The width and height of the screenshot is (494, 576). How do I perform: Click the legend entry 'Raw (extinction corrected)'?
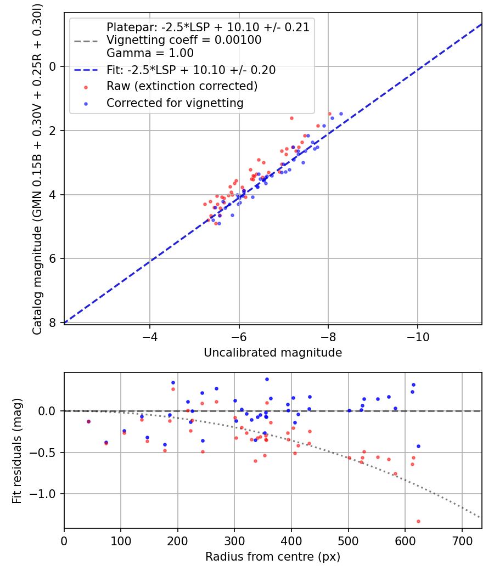pos(182,86)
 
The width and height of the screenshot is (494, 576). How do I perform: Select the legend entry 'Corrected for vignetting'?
pos(175,103)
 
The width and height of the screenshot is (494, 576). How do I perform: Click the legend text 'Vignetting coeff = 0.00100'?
pos(184,40)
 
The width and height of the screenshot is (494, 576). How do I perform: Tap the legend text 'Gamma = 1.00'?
pos(150,53)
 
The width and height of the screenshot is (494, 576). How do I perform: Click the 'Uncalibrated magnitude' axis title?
pos(273,353)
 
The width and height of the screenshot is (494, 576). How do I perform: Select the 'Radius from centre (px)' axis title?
pos(273,557)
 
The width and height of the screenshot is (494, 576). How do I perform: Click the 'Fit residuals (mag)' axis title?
pos(17,451)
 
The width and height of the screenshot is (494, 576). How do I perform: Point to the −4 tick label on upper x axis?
pos(149,335)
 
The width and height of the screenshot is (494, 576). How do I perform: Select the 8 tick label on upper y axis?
pos(53,323)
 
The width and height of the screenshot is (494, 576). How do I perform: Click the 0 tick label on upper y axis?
pos(53,66)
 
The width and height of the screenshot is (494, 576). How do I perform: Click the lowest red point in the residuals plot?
pos(418,521)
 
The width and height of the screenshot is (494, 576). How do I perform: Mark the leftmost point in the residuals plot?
pos(88,421)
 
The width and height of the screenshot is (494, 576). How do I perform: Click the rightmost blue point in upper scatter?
pos(341,114)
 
